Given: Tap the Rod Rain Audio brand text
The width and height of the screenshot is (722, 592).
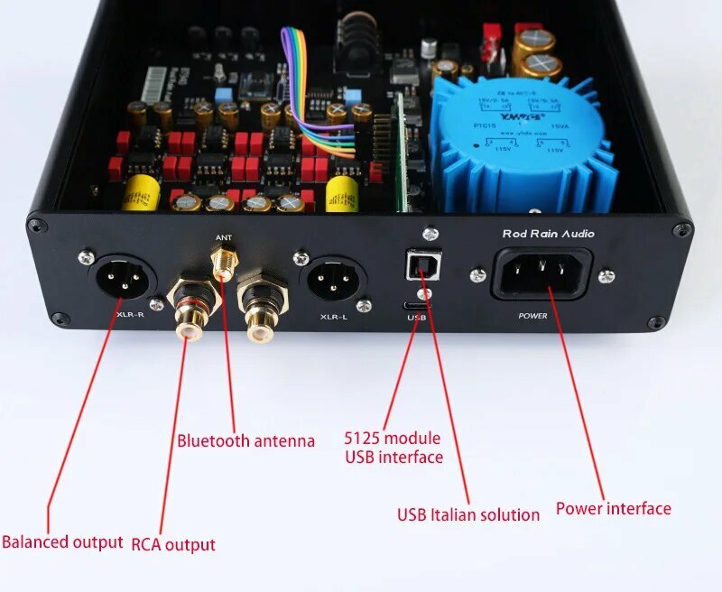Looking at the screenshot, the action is pyautogui.click(x=548, y=235).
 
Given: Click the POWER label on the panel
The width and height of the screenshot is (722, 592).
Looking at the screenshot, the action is pyautogui.click(x=533, y=317).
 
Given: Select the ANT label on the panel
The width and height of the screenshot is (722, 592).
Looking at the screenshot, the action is pyautogui.click(x=224, y=239).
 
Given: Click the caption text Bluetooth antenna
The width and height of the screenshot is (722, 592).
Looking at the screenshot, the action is pyautogui.click(x=245, y=441).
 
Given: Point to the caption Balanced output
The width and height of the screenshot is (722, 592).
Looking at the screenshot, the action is pyautogui.click(x=62, y=542).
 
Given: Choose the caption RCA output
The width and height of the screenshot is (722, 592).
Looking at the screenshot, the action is pyautogui.click(x=173, y=544).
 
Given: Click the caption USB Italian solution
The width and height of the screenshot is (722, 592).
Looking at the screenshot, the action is pyautogui.click(x=468, y=514).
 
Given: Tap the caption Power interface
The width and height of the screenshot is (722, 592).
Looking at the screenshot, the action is pyautogui.click(x=613, y=509).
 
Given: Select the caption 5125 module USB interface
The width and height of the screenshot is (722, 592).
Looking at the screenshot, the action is pyautogui.click(x=393, y=448).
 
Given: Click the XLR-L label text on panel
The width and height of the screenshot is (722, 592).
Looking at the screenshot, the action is pyautogui.click(x=333, y=318).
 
